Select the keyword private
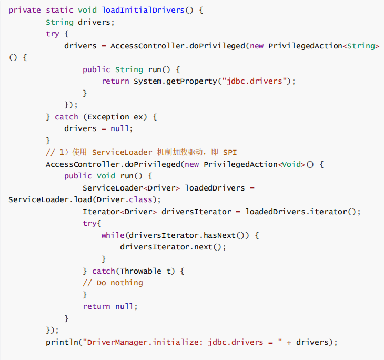25,10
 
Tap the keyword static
59,10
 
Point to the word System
147,81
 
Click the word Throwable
140,271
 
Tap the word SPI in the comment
230,153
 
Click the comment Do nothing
119,283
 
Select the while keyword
113,235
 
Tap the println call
62,342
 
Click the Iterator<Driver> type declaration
119,212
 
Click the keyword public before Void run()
78,176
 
